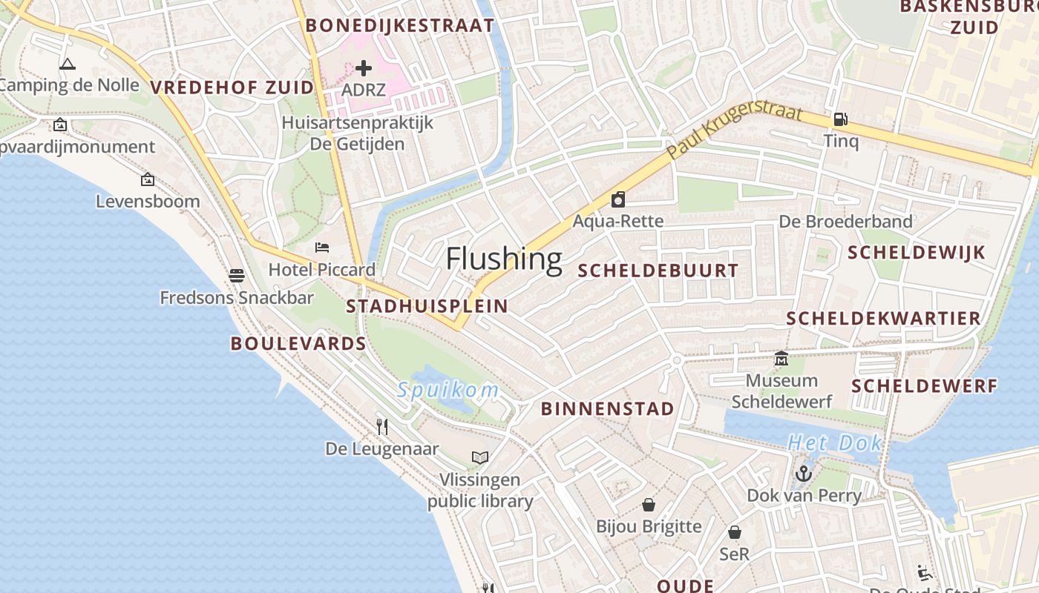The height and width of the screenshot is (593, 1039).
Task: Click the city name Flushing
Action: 504,259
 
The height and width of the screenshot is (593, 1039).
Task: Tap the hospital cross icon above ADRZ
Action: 364,68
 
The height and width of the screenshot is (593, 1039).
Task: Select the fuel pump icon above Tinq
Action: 840,119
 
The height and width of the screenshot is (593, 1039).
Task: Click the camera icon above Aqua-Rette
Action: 617,199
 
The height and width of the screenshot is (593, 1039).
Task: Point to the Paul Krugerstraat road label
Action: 735,130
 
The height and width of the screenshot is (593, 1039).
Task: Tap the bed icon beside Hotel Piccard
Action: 322,247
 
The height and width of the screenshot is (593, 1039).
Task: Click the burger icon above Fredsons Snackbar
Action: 237,276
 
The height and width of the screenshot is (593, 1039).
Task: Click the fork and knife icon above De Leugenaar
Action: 382,426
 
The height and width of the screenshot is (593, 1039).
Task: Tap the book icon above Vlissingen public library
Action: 480,457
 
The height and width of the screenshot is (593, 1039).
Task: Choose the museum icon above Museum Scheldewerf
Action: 781,359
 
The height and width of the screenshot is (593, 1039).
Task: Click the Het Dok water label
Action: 835,443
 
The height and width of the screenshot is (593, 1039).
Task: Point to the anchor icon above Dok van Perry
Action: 804,473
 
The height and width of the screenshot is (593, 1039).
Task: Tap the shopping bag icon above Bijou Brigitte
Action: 649,505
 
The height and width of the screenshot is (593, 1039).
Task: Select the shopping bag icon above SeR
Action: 735,532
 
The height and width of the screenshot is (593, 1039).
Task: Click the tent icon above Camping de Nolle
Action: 68,64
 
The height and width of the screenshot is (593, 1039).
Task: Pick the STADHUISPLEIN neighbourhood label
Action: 427,306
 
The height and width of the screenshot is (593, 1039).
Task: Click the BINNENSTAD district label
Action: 608,408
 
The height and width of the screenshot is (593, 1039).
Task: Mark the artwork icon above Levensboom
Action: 148,179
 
